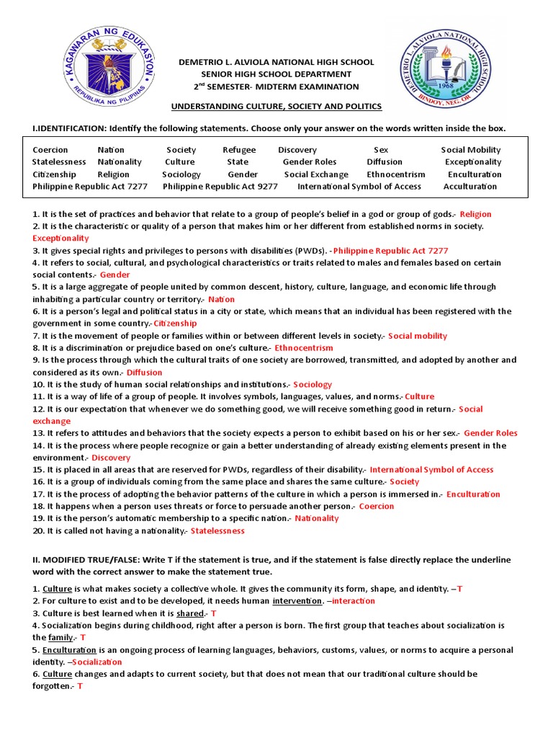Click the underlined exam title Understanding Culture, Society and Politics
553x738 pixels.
pos(276,107)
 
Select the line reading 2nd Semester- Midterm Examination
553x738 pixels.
pos(276,86)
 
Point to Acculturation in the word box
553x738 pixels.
pos(470,187)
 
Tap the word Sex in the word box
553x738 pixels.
pos(381,150)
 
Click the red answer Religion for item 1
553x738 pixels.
pos(475,214)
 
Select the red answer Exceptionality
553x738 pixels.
pos(60,238)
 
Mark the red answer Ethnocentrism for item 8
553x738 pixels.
pos(304,348)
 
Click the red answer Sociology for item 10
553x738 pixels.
pos(313,385)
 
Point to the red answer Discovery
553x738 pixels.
pos(111,458)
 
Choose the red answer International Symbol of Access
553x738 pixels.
pos(431,470)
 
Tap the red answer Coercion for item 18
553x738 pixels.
pos(377,507)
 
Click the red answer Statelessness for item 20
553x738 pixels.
pos(217,531)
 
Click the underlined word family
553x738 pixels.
pos(60,638)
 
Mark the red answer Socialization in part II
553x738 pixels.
pos(98,662)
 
